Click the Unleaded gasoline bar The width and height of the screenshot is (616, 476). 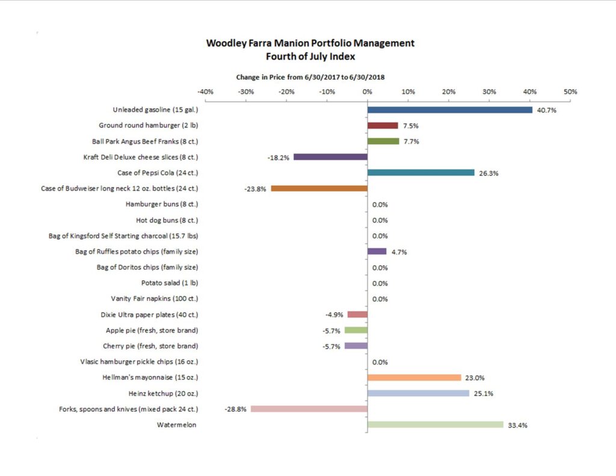(x=449, y=110)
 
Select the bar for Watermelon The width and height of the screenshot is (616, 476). (x=435, y=424)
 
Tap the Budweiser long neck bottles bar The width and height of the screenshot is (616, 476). (x=319, y=188)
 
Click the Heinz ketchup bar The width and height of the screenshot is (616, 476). (x=418, y=393)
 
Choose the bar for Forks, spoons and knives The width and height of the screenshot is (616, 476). (x=309, y=409)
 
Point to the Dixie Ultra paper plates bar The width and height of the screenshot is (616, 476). (x=357, y=314)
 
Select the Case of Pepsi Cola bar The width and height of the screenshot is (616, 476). (x=420, y=173)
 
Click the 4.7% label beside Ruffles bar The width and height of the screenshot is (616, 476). (x=399, y=252)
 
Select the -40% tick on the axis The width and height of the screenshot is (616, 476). (x=205, y=92)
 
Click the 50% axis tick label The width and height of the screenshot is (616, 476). (x=570, y=92)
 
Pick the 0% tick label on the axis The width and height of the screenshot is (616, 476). (x=367, y=92)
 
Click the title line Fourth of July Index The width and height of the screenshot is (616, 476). (x=310, y=57)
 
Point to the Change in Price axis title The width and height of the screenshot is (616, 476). (x=310, y=77)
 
